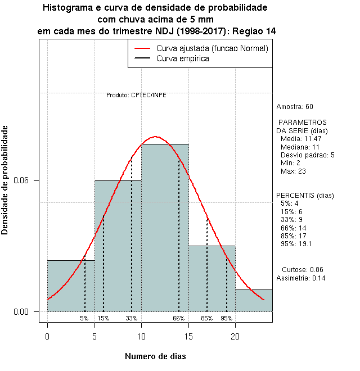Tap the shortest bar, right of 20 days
(254, 300)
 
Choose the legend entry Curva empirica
(183, 58)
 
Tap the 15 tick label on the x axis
(188, 337)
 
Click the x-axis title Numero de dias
(155, 356)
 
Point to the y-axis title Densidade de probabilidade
(5, 180)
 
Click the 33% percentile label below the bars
(132, 318)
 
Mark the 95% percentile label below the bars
(227, 318)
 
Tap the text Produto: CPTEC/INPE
(136, 95)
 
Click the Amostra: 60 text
(295, 106)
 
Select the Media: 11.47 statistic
(301, 138)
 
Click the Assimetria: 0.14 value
(301, 278)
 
